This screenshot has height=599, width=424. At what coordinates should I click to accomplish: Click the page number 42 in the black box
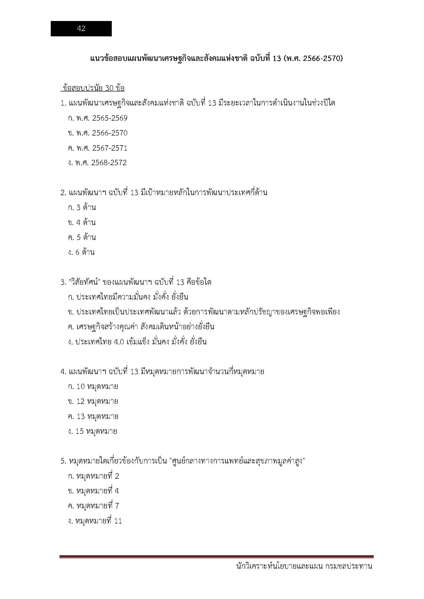(x=81, y=28)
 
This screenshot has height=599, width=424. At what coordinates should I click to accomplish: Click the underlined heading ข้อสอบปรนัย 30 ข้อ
(x=93, y=88)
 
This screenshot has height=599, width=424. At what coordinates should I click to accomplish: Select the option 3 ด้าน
(x=82, y=207)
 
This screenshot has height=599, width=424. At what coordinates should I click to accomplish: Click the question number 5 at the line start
(x=63, y=461)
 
